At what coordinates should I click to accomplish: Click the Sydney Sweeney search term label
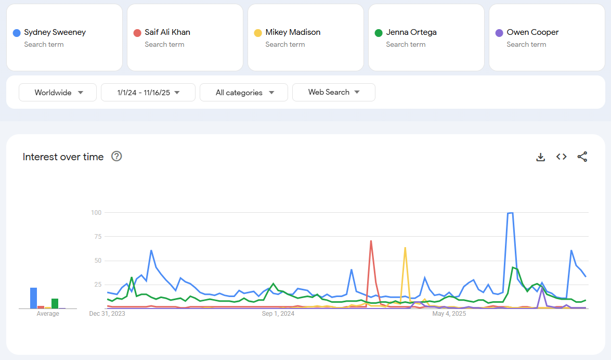(x=55, y=32)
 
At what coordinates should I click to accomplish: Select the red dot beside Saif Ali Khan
(x=137, y=33)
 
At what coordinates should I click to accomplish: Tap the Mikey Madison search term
(x=293, y=32)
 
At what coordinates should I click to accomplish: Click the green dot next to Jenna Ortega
(x=379, y=33)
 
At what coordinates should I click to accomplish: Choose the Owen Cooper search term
(x=532, y=32)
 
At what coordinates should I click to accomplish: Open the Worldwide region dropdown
(x=58, y=93)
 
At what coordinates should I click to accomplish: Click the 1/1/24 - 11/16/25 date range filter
(x=148, y=93)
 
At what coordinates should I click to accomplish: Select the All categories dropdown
(x=244, y=93)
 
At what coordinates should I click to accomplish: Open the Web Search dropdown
(x=334, y=93)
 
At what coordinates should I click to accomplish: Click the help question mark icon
(x=117, y=157)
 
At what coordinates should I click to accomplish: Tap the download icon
(x=541, y=157)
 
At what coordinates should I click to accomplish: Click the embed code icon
(x=562, y=157)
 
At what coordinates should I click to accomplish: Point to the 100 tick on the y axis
(x=96, y=213)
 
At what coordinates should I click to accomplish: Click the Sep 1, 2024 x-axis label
(x=278, y=314)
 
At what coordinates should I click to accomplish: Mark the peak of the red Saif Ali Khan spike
(x=371, y=241)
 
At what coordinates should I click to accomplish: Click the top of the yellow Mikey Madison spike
(x=405, y=248)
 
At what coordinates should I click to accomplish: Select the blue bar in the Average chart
(x=33, y=298)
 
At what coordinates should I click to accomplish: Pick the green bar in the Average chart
(x=55, y=303)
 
